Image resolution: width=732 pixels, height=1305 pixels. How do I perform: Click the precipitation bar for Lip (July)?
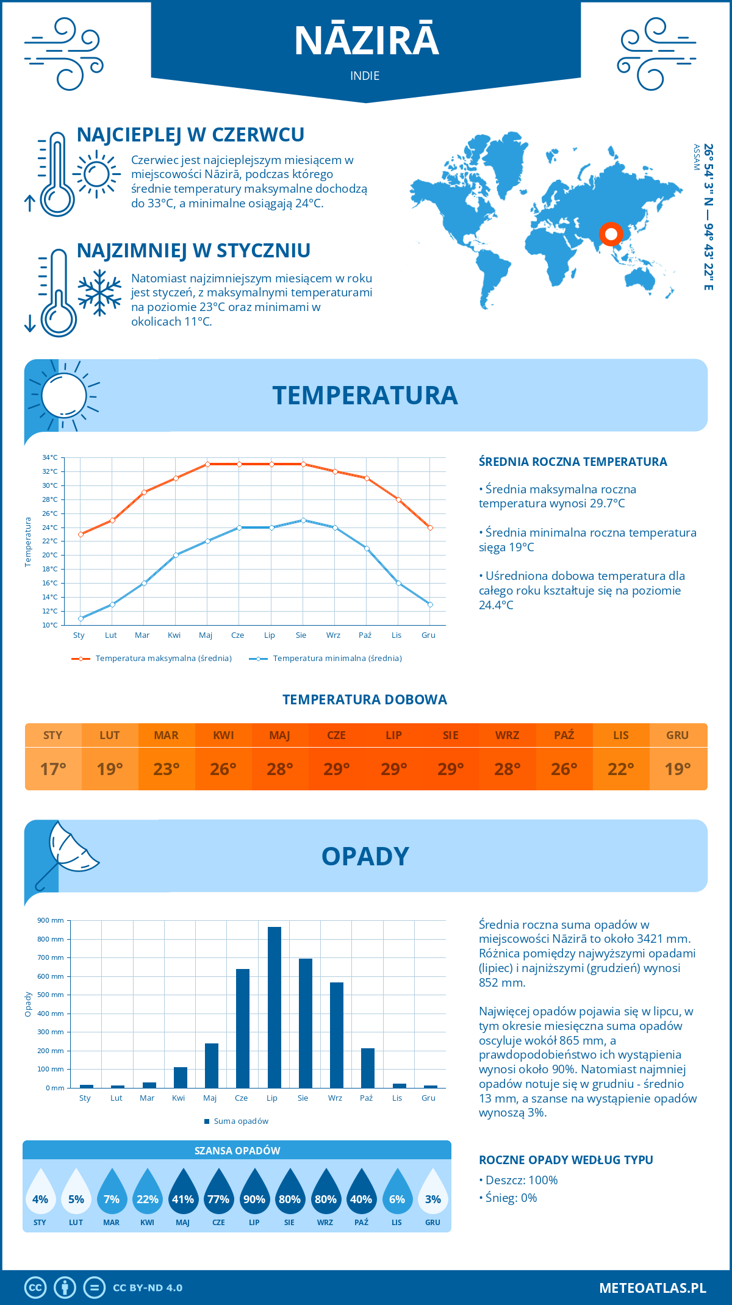pyautogui.click(x=274, y=1007)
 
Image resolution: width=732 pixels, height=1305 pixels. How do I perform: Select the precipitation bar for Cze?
pyautogui.click(x=243, y=1028)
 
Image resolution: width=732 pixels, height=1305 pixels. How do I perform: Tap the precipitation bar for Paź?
pyautogui.click(x=367, y=1068)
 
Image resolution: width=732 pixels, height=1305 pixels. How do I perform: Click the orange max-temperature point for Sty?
pyautogui.click(x=81, y=534)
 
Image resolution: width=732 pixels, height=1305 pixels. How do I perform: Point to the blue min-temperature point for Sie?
pyautogui.click(x=303, y=520)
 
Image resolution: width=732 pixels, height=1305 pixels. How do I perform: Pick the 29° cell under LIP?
pyautogui.click(x=393, y=769)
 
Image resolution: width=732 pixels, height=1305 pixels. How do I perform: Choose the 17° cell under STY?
pyautogui.click(x=53, y=769)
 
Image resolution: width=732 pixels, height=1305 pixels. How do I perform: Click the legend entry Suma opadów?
pyautogui.click(x=240, y=1121)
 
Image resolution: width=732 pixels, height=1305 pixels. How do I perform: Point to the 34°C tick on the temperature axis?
pyautogui.click(x=50, y=457)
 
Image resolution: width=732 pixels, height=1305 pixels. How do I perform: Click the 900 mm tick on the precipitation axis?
pyautogui.click(x=51, y=920)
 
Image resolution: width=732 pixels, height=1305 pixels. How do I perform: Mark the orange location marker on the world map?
pyautogui.click(x=611, y=234)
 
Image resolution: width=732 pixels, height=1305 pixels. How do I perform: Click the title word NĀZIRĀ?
pyautogui.click(x=366, y=41)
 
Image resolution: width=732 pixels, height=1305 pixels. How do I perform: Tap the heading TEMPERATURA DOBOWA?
pyautogui.click(x=365, y=699)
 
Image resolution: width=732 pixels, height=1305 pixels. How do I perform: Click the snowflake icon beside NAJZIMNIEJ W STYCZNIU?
pyautogui.click(x=99, y=293)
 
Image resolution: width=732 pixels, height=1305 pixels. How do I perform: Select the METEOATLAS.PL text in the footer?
pyautogui.click(x=652, y=1287)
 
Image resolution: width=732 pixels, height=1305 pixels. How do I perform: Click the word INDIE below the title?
pyautogui.click(x=365, y=76)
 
